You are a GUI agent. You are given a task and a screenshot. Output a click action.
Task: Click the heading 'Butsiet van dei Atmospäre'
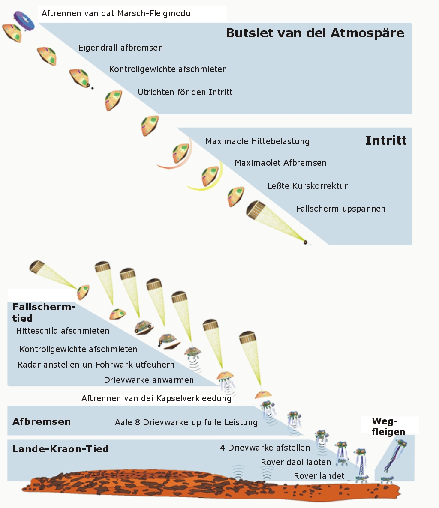pos(315,33)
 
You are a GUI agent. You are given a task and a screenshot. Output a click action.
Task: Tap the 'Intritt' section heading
pos(386,140)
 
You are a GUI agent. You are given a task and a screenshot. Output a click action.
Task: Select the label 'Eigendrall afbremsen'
pos(120,48)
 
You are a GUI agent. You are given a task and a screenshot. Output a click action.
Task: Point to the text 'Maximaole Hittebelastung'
pos(257,141)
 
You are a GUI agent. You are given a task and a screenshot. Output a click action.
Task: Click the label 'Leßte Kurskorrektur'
pos(307,186)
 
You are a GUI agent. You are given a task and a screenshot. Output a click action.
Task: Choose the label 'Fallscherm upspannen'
pos(341,209)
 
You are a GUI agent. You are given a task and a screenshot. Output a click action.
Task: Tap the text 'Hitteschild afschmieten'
pos(63,331)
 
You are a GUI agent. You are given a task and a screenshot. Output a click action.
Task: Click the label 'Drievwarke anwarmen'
pos(149,380)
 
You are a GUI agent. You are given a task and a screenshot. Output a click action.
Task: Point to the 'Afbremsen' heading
pos(42,421)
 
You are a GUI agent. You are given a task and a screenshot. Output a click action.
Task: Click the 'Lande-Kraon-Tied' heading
pos(60,449)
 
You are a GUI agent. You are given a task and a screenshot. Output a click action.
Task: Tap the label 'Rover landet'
pos(319,476)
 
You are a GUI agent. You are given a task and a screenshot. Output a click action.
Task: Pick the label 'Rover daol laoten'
pos(296,462)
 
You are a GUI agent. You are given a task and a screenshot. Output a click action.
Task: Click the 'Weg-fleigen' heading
pos(388,427)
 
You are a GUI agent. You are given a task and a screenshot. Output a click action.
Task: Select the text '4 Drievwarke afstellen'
pos(265,448)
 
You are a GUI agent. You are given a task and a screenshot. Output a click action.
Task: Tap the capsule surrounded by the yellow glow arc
pos(210,176)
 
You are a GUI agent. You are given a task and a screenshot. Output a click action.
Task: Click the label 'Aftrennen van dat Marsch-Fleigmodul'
pos(117,13)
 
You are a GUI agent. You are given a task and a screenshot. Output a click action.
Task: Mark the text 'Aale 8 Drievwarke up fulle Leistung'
pos(186,422)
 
